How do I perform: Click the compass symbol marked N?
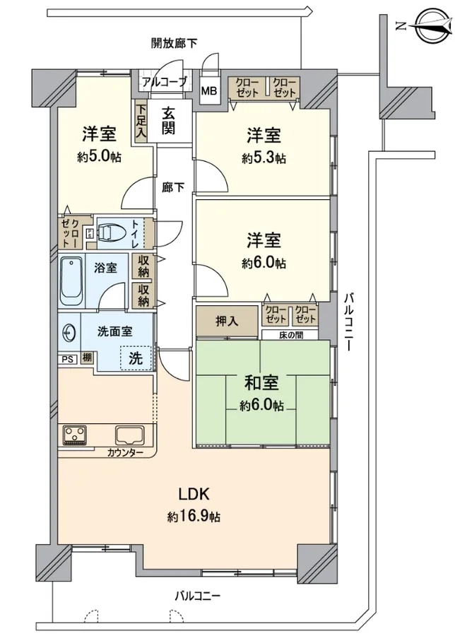pyautogui.click(x=432, y=26)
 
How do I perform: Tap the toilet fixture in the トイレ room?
pyautogui.click(x=107, y=232)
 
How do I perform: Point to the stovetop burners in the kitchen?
pyautogui.click(x=75, y=435)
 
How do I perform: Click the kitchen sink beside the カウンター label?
pyautogui.click(x=130, y=435)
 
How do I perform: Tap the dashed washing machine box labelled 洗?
pyautogui.click(x=136, y=358)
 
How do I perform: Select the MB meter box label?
pyautogui.click(x=209, y=90)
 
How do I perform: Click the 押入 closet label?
pyautogui.click(x=227, y=322)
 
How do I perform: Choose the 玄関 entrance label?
pyautogui.click(x=168, y=120)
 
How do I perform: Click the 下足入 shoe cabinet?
pyautogui.click(x=141, y=122)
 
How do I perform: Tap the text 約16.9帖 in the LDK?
pyautogui.click(x=194, y=517)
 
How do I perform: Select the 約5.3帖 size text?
pyautogui.click(x=264, y=158)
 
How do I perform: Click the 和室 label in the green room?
pyautogui.click(x=261, y=382)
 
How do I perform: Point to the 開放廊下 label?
pyautogui.click(x=175, y=43)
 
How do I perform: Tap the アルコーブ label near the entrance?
pyautogui.click(x=164, y=83)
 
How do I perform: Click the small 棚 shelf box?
pyautogui.click(x=87, y=358)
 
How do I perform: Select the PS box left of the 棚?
pyautogui.click(x=68, y=360)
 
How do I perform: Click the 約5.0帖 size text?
pyautogui.click(x=100, y=157)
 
